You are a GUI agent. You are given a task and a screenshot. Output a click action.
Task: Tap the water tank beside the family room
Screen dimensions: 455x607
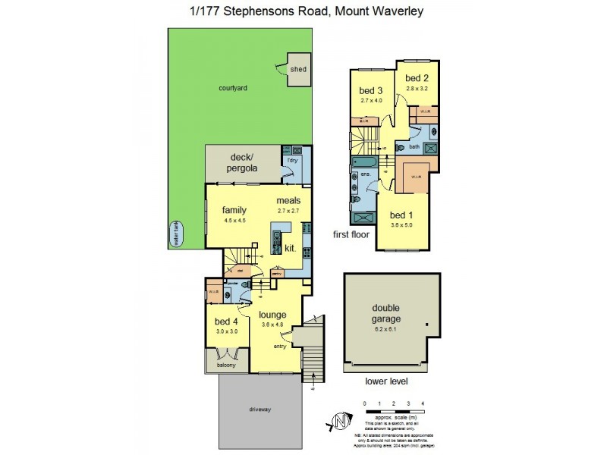pos(175,234)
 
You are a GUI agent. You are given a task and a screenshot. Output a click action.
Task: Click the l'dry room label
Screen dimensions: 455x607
pos(292,161)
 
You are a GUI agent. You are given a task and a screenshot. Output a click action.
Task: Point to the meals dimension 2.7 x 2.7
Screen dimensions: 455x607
pos(289,211)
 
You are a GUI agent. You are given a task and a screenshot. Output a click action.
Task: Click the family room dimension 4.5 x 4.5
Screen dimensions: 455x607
pos(236,221)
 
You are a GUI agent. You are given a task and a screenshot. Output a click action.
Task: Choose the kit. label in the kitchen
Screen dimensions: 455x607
pos(291,248)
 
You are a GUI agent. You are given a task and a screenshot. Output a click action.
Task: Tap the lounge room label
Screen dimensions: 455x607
pos(272,314)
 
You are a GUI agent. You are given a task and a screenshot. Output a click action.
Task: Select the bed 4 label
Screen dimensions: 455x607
pos(227,321)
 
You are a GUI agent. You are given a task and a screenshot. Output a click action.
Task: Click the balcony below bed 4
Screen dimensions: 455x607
pos(226,365)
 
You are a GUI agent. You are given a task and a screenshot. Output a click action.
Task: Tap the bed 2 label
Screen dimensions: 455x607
pos(417,79)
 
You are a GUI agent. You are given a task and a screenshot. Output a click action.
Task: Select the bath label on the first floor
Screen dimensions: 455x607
pos(414,146)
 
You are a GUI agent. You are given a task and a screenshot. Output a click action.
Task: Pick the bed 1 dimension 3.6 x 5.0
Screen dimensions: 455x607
pos(402,225)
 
